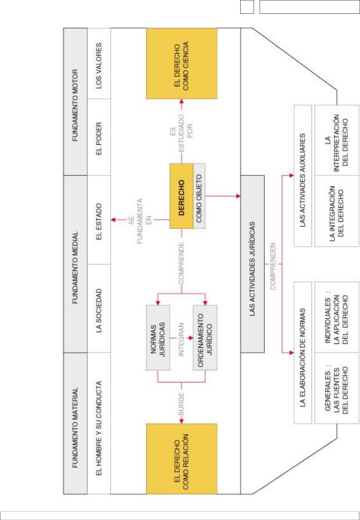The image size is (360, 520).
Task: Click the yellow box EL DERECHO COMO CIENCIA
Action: [181, 63]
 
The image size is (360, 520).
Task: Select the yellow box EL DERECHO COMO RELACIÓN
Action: [181, 459]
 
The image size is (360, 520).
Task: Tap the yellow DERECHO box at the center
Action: [181, 196]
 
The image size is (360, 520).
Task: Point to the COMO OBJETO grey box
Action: [199, 196]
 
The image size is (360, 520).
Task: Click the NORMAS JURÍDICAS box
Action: [158, 338]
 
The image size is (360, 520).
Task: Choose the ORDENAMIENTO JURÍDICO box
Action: [205, 338]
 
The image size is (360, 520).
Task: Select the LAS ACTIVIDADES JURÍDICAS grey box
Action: [252, 264]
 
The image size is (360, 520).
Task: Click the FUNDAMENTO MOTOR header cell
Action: [75, 101]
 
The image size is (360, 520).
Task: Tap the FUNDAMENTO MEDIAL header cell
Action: [75, 264]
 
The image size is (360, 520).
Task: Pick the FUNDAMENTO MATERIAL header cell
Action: [75, 423]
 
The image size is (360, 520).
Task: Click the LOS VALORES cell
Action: [99, 63]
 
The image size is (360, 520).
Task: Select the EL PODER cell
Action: [99, 137]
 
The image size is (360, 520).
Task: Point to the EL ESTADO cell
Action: [99, 220]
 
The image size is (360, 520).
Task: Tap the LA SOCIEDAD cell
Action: [99, 308]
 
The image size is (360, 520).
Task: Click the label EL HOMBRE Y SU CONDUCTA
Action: [99, 423]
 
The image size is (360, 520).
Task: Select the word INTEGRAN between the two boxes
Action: [181, 338]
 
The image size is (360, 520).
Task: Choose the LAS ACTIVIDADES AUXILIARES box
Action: [303, 175]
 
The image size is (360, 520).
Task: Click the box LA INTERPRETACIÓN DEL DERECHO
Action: [337, 140]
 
